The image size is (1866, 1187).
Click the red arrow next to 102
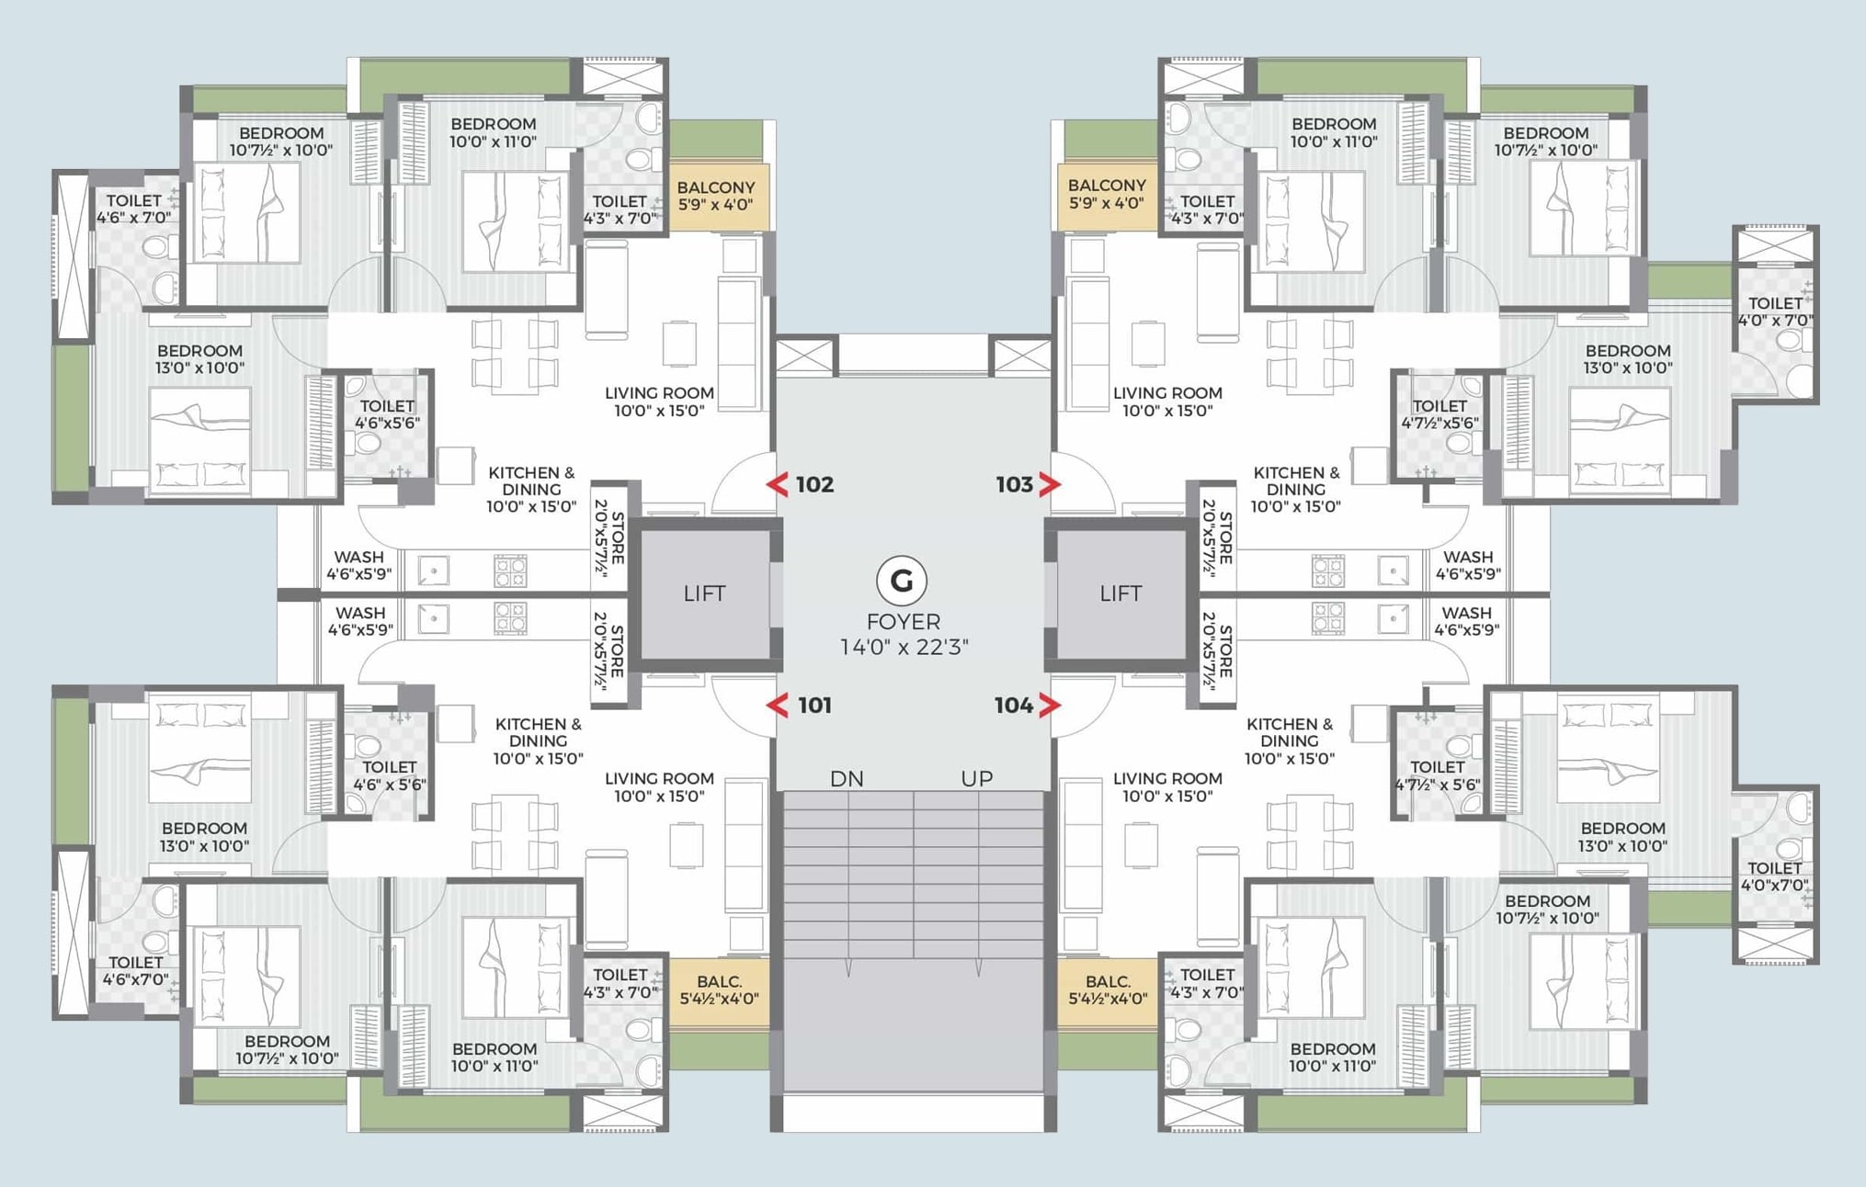(778, 484)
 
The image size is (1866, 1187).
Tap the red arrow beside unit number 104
(1050, 705)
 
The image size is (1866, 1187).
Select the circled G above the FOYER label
(902, 581)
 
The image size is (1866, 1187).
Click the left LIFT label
(704, 593)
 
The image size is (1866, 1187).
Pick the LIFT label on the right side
(1121, 593)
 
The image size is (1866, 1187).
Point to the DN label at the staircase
(847, 779)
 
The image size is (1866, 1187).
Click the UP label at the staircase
(976, 779)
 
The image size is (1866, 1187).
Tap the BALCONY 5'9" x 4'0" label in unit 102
(716, 196)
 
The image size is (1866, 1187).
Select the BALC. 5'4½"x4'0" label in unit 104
(1108, 990)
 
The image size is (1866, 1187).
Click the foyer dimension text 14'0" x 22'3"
(904, 647)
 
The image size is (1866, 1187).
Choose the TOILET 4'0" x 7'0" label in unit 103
(1775, 311)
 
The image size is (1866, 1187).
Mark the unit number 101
(814, 705)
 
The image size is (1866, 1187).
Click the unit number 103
(1015, 484)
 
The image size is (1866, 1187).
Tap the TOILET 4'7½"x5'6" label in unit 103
(1439, 414)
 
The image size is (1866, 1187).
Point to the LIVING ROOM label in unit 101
(659, 787)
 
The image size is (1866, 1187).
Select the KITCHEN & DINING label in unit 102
(531, 489)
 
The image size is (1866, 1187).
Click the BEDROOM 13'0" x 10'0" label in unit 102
(199, 359)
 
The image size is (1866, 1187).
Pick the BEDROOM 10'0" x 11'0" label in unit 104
(1332, 1057)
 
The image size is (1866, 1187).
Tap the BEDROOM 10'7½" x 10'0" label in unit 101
(287, 1049)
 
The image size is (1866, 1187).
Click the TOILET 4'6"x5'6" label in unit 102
(387, 414)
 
